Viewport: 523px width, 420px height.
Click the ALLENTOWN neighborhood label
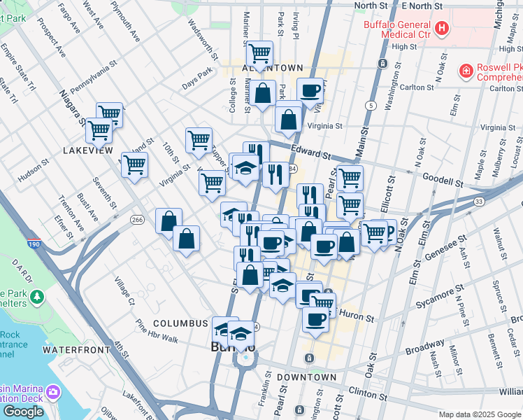[x=262, y=68]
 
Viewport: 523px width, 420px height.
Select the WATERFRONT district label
[x=76, y=349]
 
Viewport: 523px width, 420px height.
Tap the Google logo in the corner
[x=23, y=411]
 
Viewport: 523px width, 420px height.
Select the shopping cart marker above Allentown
[x=259, y=53]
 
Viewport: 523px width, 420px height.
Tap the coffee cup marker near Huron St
[x=315, y=318]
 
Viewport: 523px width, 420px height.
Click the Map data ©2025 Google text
[x=479, y=414]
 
